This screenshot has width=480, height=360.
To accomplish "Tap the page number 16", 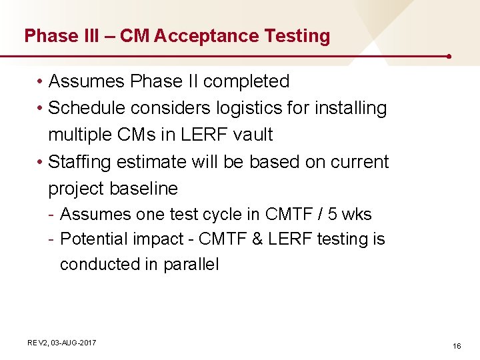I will [457, 346].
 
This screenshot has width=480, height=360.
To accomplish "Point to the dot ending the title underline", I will [450, 57].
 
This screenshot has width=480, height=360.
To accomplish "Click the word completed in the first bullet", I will [246, 82].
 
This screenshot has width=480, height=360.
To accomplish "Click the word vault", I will [253, 135].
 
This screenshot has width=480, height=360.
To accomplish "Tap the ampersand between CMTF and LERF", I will [257, 239].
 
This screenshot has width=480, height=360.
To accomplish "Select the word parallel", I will [191, 264].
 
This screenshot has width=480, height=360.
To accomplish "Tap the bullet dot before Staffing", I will [41, 162].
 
